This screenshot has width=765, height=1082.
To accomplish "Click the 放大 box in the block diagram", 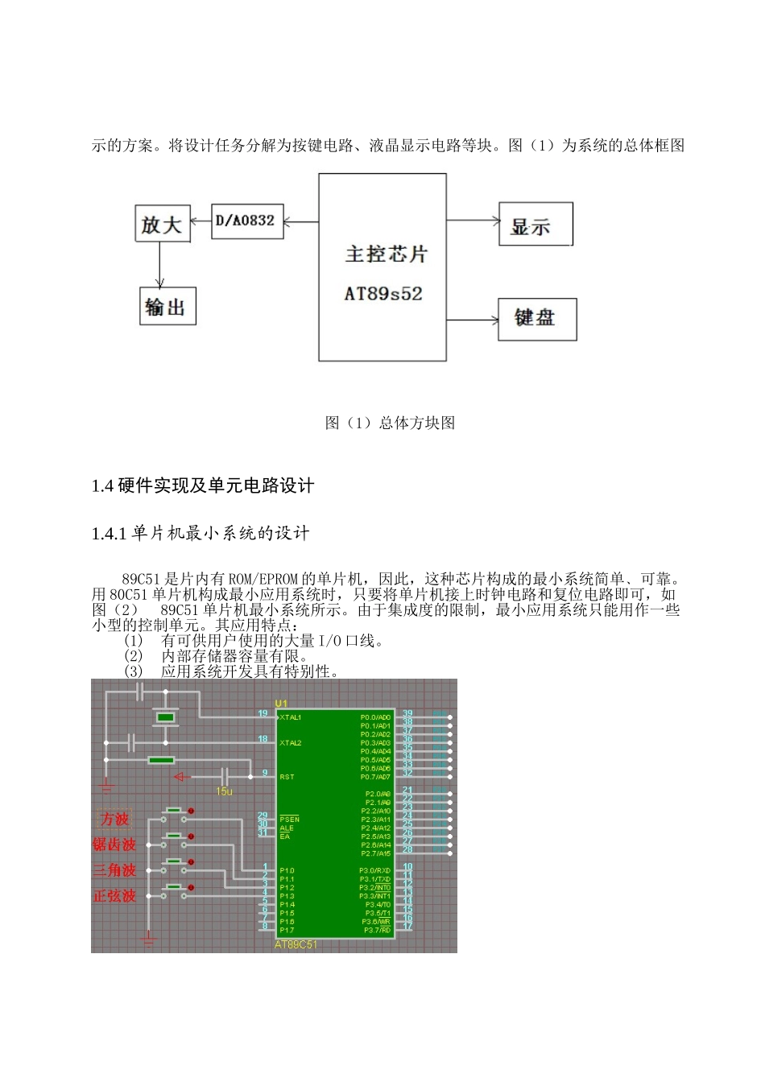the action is [162, 224].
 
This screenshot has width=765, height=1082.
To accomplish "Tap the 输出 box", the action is [167, 306].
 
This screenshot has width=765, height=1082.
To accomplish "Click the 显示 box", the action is [535, 225].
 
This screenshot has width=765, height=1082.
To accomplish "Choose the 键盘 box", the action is [536, 318].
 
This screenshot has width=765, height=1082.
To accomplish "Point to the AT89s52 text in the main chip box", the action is [383, 294].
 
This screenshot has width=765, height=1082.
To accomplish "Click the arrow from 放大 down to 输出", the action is [160, 264].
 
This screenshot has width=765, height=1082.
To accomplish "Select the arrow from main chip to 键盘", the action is [473, 320].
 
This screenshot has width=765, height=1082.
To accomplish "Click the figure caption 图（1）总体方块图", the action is [390, 423].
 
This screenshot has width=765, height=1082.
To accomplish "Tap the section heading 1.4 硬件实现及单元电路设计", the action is [202, 485].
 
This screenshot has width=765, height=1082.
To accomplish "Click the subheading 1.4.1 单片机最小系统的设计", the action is [201, 533].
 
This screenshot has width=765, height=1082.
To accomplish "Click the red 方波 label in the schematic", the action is [114, 820].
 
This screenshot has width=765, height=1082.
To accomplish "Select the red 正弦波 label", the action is [114, 896].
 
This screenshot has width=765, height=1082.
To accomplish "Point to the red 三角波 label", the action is [114, 870].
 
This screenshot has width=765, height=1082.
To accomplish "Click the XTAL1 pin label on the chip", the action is [290, 717].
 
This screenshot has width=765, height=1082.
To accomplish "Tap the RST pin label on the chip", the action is [287, 777].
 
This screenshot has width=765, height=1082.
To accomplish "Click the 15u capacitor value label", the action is [224, 791].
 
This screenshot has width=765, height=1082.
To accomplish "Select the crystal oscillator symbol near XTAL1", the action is [166, 717].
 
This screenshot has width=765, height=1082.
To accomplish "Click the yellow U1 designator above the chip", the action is [281, 704].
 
